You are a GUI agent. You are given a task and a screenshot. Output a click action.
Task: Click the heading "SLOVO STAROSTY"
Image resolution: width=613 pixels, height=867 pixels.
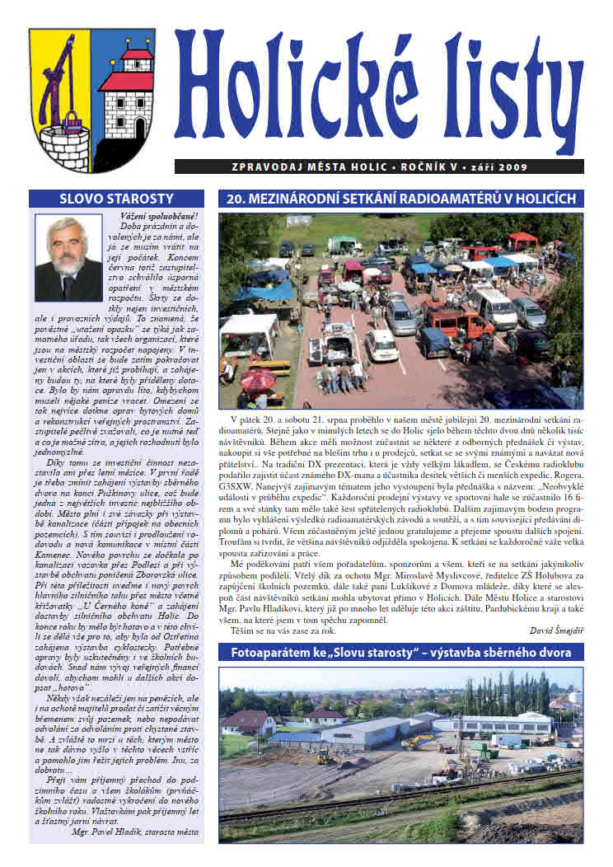pos(117,199)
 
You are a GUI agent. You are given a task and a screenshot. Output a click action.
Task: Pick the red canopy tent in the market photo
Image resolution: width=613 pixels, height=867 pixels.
pos(522,239)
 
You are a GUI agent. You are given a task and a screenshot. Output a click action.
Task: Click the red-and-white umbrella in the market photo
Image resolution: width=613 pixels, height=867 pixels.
pos(259,379)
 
